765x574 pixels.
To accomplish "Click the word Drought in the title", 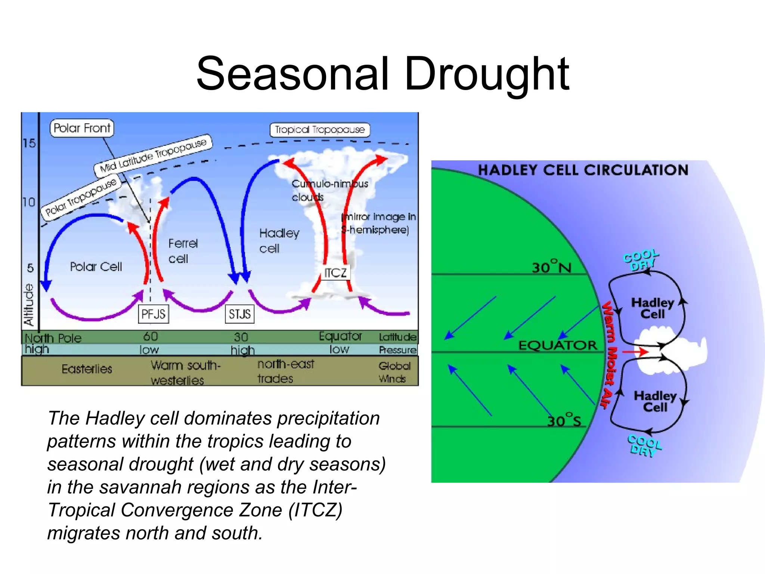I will (486, 74).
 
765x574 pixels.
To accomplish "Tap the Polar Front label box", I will (82, 128).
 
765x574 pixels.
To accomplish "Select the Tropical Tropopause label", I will (320, 130).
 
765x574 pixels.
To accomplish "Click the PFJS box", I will (153, 314).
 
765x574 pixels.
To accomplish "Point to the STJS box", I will (239, 314).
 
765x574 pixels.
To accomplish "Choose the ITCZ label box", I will (335, 272).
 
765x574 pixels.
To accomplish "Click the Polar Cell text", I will (96, 266).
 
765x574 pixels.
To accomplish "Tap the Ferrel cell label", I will (182, 251).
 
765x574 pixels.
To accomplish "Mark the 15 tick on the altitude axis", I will (29, 143).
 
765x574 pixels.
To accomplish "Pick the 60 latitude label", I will (151, 336).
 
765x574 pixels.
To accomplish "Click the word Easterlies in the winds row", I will (87, 369).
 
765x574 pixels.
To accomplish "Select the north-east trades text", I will (285, 371).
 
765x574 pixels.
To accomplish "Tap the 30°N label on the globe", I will (551, 267).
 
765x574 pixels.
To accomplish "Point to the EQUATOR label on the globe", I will (558, 345).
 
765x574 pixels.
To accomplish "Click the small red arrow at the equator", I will (635, 352).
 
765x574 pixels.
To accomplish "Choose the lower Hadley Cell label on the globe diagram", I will (655, 401).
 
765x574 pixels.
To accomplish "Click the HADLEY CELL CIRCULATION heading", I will (583, 170).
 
